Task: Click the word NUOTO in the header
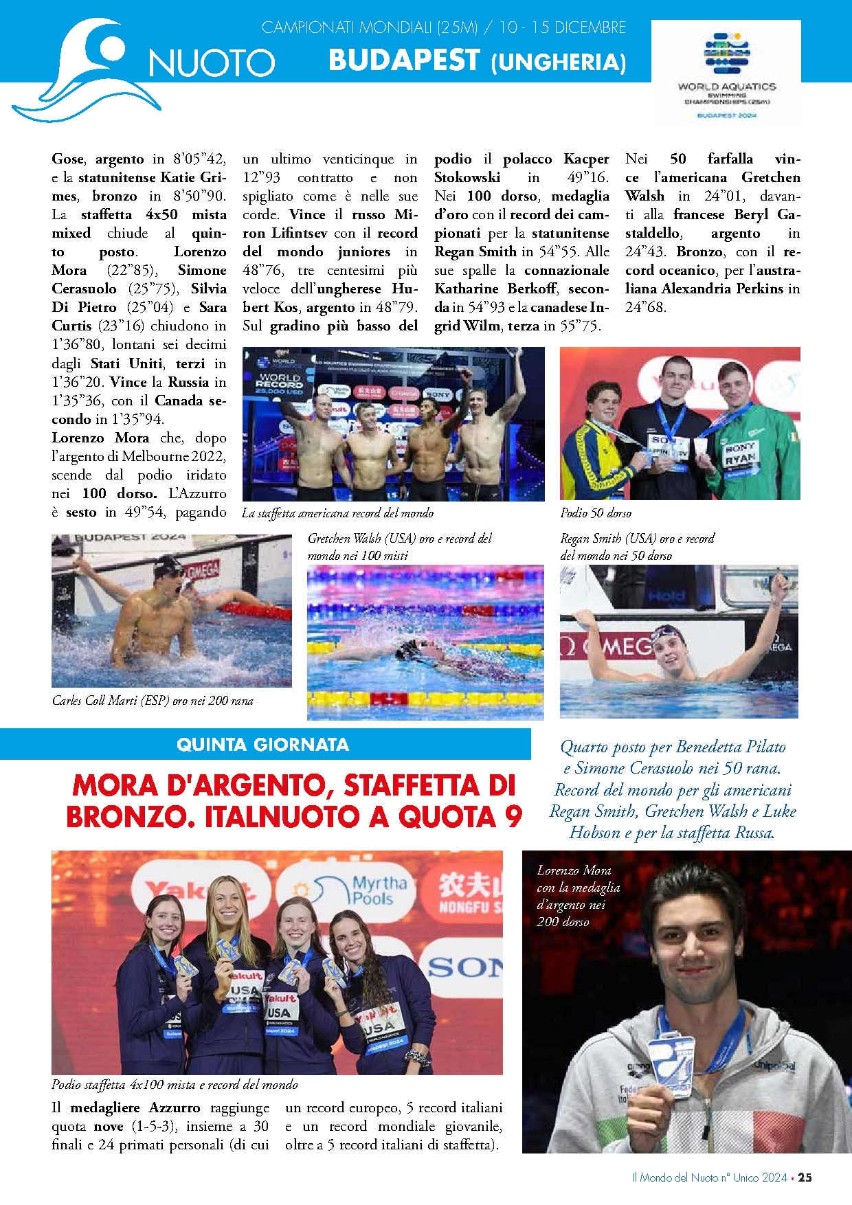212,63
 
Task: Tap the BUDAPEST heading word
404,60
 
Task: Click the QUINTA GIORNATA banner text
262,745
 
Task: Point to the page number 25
805,1178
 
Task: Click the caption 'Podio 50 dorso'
596,513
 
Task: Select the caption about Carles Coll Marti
153,701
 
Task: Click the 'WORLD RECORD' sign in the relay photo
279,381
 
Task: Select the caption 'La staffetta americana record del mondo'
337,513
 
